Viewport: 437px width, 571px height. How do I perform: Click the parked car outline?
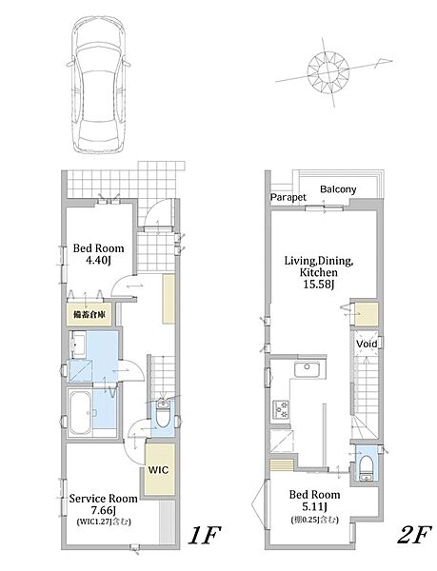[x=99, y=86]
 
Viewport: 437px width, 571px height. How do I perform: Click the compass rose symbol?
[x=328, y=71]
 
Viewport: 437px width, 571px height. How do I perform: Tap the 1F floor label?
[x=205, y=536]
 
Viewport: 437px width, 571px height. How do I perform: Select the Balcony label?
[x=338, y=189]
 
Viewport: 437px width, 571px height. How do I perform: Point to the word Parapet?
[x=288, y=197]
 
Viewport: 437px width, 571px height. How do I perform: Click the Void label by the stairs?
[x=367, y=344]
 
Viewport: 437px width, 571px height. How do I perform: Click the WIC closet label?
[x=158, y=470]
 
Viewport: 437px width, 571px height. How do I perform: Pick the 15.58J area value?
[x=319, y=285]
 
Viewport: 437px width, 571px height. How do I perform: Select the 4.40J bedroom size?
[x=97, y=260]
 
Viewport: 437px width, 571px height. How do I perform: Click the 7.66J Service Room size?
[x=104, y=510]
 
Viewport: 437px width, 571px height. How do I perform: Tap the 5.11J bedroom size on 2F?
[x=314, y=506]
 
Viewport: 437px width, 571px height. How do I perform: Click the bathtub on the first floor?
[x=80, y=413]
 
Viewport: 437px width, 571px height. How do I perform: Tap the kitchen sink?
[x=307, y=370]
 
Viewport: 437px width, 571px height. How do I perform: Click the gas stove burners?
[x=281, y=409]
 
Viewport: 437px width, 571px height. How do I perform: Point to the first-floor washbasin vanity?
[x=77, y=345]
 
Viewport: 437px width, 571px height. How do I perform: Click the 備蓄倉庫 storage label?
[x=89, y=314]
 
